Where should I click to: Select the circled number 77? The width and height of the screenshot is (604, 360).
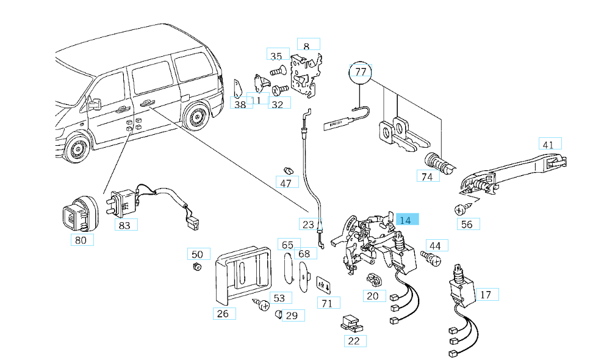pos(361,72)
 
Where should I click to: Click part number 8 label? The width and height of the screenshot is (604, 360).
pos(307,46)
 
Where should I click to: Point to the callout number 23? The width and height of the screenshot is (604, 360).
pos(309,224)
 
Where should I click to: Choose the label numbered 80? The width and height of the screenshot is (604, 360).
pos(81,240)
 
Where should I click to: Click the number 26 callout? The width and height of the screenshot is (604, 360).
pos(223,314)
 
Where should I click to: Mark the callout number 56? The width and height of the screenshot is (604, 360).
pos(467,224)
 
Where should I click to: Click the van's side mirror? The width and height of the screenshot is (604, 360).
pos(94,104)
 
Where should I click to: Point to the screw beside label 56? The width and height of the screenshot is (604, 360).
pos(461,209)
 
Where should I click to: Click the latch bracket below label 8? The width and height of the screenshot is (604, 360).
pos(305,76)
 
